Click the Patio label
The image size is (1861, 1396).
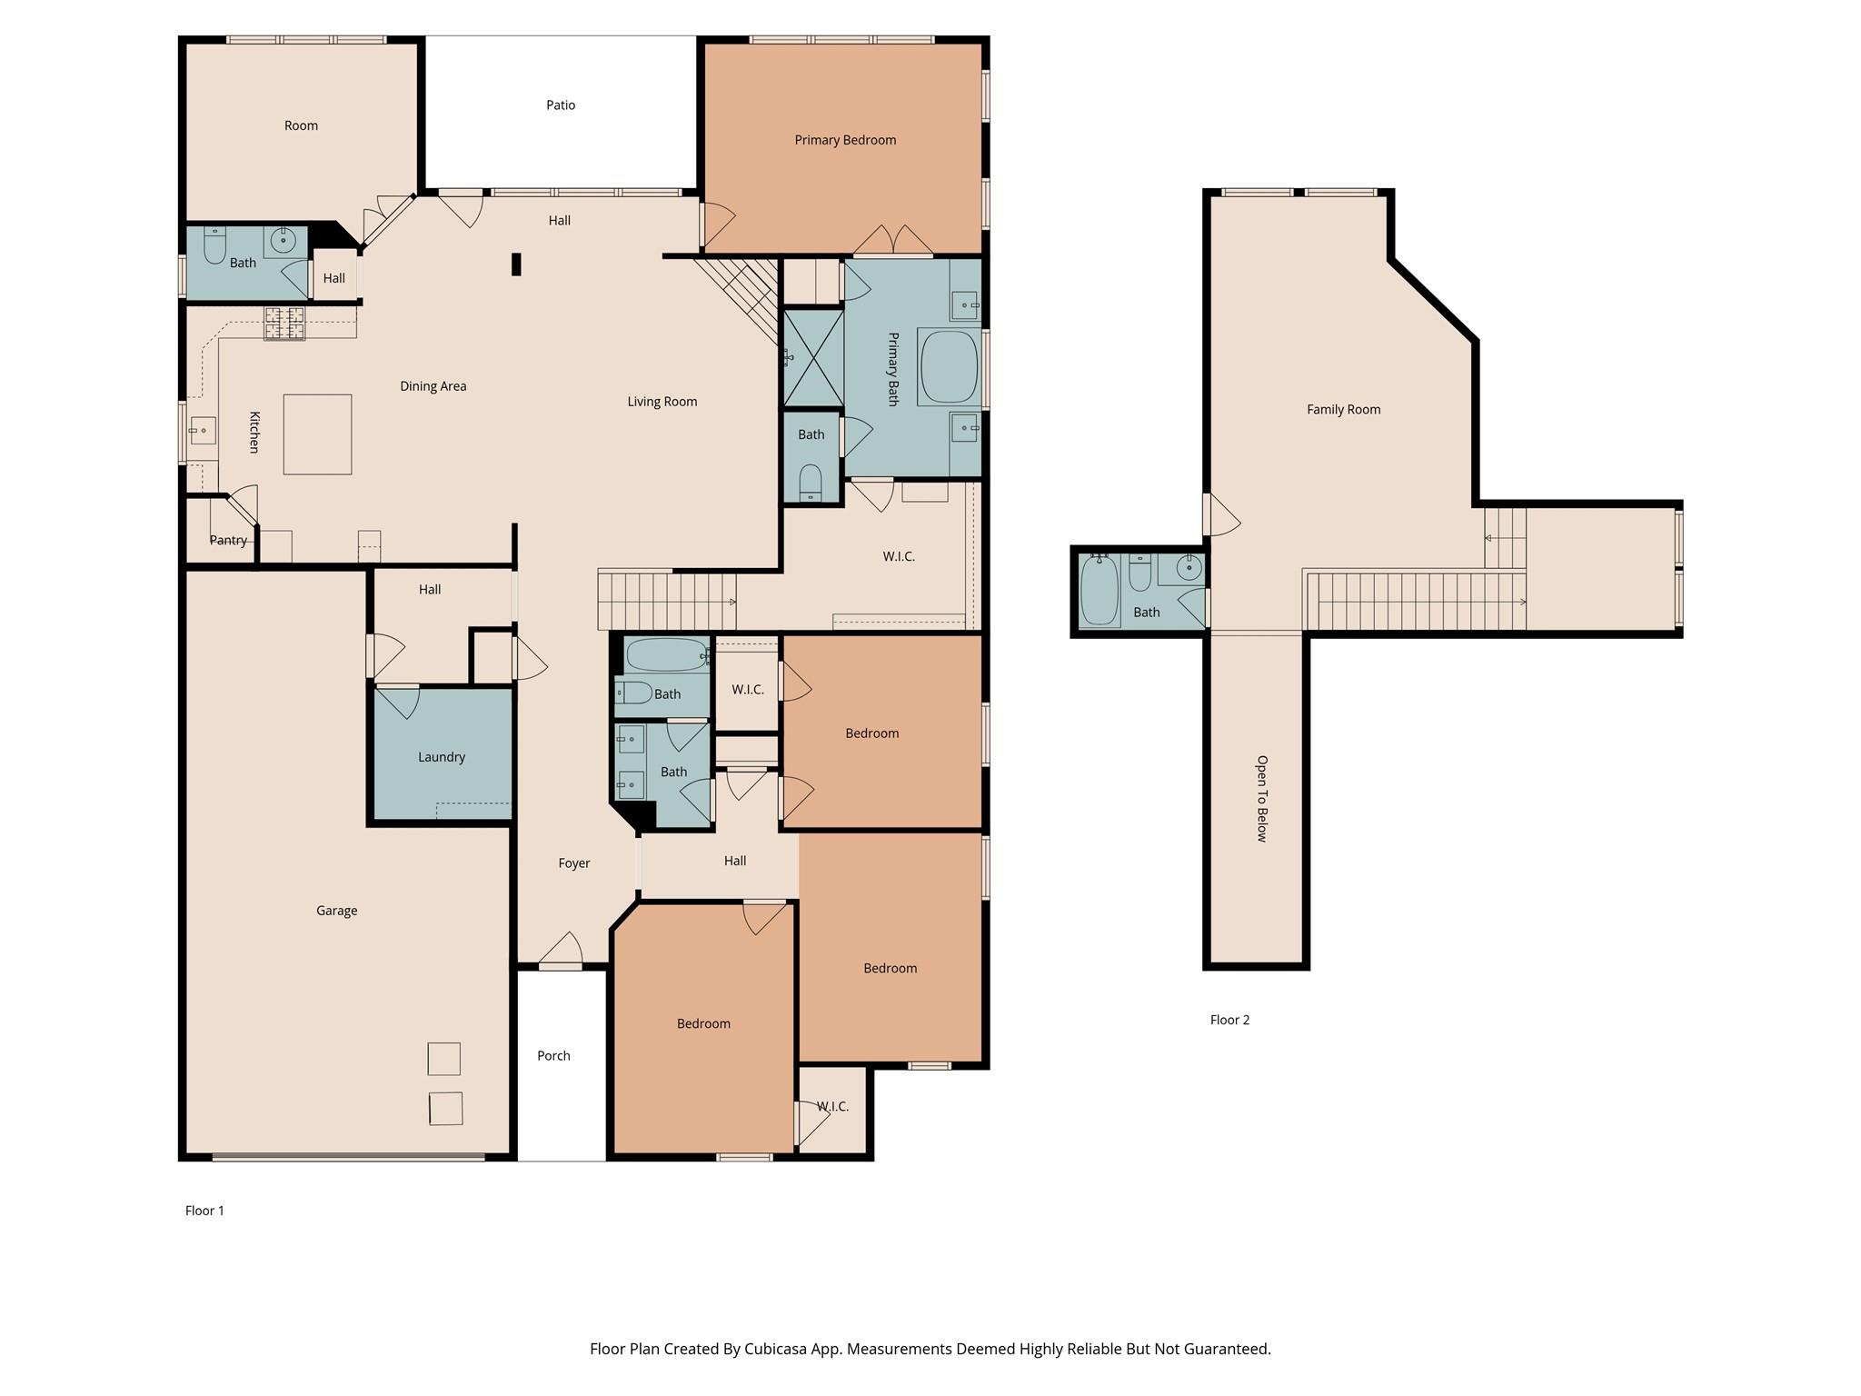coord(561,105)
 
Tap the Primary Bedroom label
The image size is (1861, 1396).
coord(845,140)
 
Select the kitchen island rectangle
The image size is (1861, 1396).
coord(317,434)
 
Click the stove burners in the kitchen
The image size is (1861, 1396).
coord(284,324)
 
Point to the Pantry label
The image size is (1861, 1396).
coord(228,540)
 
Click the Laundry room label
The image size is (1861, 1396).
coord(442,757)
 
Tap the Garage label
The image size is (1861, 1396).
coord(336,911)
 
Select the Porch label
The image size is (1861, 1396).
coord(553,1056)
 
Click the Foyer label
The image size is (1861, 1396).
coord(574,863)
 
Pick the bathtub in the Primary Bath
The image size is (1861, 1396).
coord(950,367)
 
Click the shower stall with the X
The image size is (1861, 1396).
coord(813,357)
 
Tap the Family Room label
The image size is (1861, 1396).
coord(1343,410)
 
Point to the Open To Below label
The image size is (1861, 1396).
coord(1261,799)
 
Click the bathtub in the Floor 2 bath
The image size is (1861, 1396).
coord(1100,591)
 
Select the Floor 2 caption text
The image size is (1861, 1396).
coord(1229,1020)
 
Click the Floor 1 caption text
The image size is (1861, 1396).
coord(204,1211)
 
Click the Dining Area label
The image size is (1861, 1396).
coord(433,386)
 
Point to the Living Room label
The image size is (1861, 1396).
coord(662,402)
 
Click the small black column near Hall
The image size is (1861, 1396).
coord(516,264)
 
